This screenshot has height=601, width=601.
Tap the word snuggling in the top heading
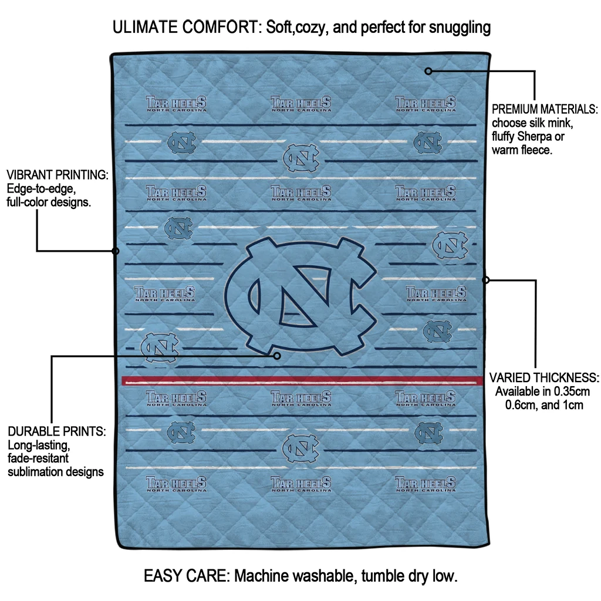click(x=460, y=28)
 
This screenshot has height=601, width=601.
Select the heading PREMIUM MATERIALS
click(x=545, y=109)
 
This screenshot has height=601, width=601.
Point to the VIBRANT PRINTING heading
click(x=58, y=175)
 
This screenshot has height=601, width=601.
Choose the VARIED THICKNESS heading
click(x=544, y=377)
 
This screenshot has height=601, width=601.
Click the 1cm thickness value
click(x=573, y=405)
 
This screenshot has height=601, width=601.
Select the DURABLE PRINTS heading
click(x=57, y=431)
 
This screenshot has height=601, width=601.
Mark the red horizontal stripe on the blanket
click(x=302, y=380)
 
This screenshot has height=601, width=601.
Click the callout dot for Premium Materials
click(x=428, y=71)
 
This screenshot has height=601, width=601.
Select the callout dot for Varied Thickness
click(x=485, y=280)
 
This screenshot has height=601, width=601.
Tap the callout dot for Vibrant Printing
click(x=116, y=251)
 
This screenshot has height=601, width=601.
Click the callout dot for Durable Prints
click(x=277, y=356)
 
